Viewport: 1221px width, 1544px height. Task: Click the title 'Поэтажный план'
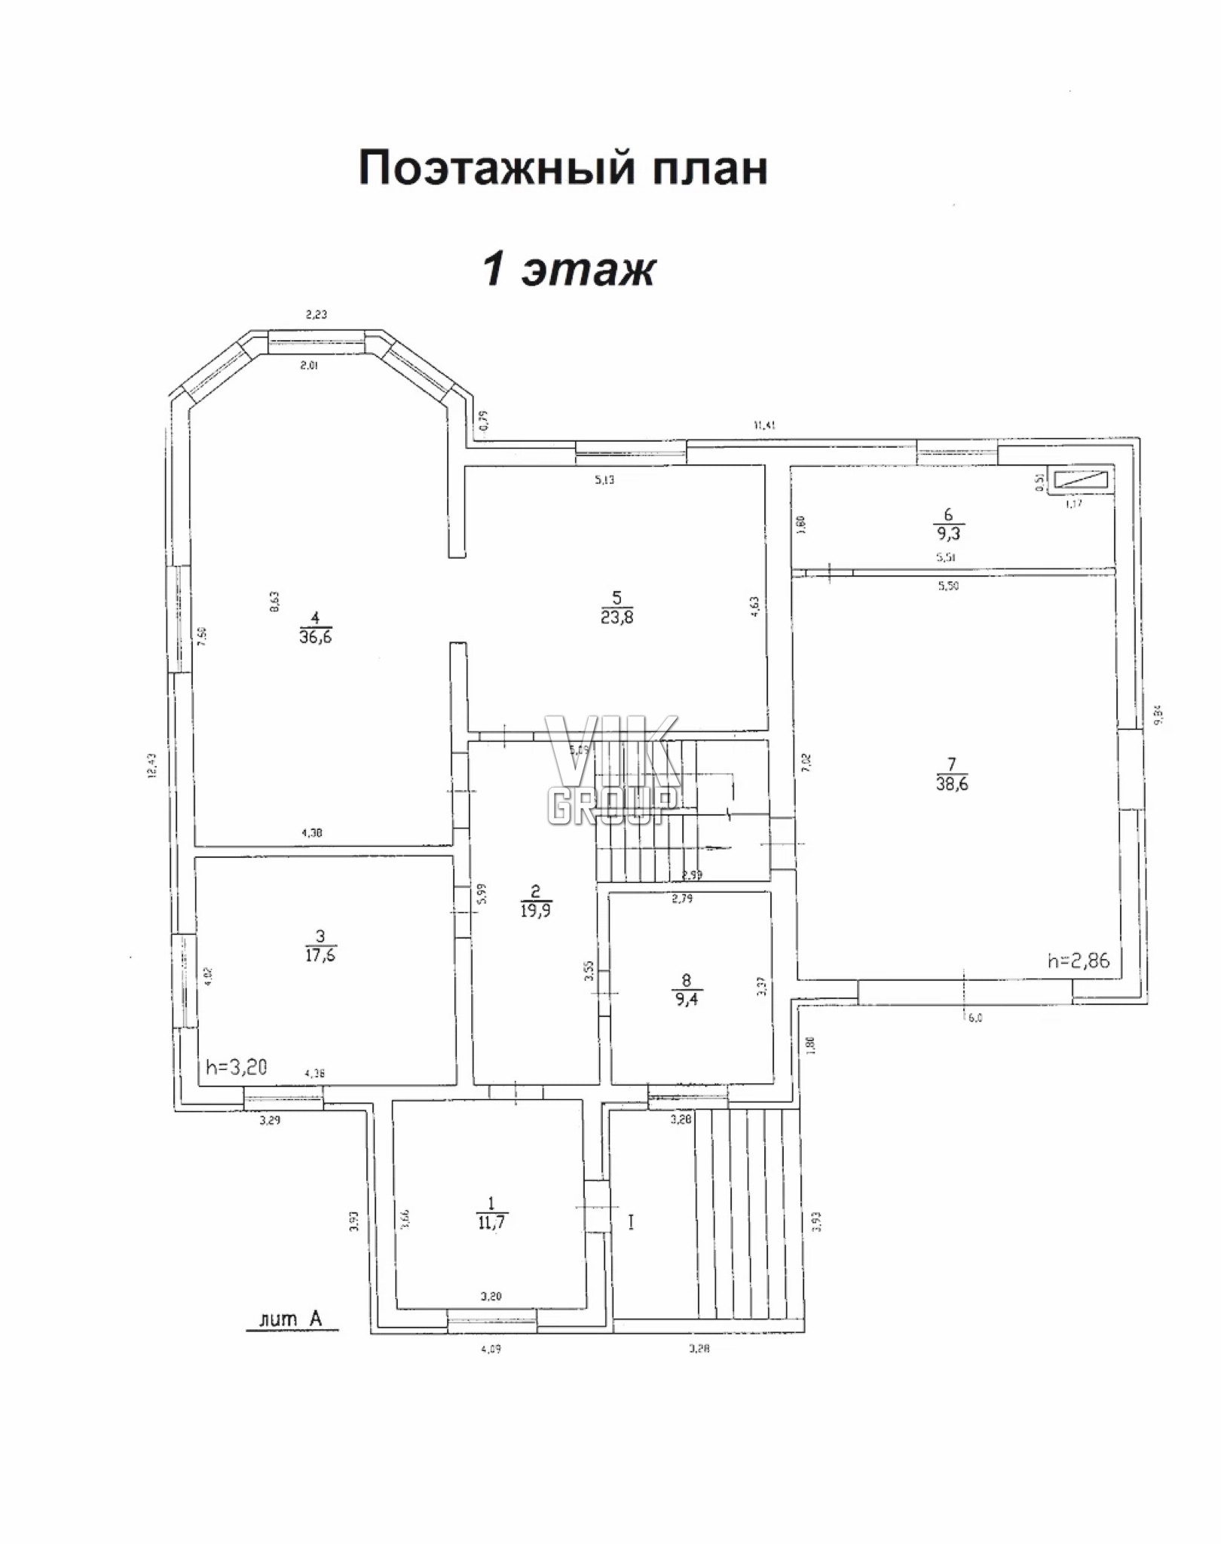pos(563,167)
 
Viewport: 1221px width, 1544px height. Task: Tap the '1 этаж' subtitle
pos(569,268)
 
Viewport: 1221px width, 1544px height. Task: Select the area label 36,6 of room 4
pos(316,637)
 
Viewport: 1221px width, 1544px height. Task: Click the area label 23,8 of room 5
pos(617,617)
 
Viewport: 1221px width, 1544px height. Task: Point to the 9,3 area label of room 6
pos(948,534)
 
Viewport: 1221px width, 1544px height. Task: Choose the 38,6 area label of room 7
pos(952,783)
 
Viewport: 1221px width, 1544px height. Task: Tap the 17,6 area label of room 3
pos(320,955)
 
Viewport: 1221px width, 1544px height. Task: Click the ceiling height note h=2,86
pos(1079,960)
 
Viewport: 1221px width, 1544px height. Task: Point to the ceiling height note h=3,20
pos(236,1068)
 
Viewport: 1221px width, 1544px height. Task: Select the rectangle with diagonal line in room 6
pos(1082,481)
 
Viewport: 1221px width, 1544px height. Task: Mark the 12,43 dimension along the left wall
pos(151,767)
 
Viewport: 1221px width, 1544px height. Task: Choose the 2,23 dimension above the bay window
pos(316,315)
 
